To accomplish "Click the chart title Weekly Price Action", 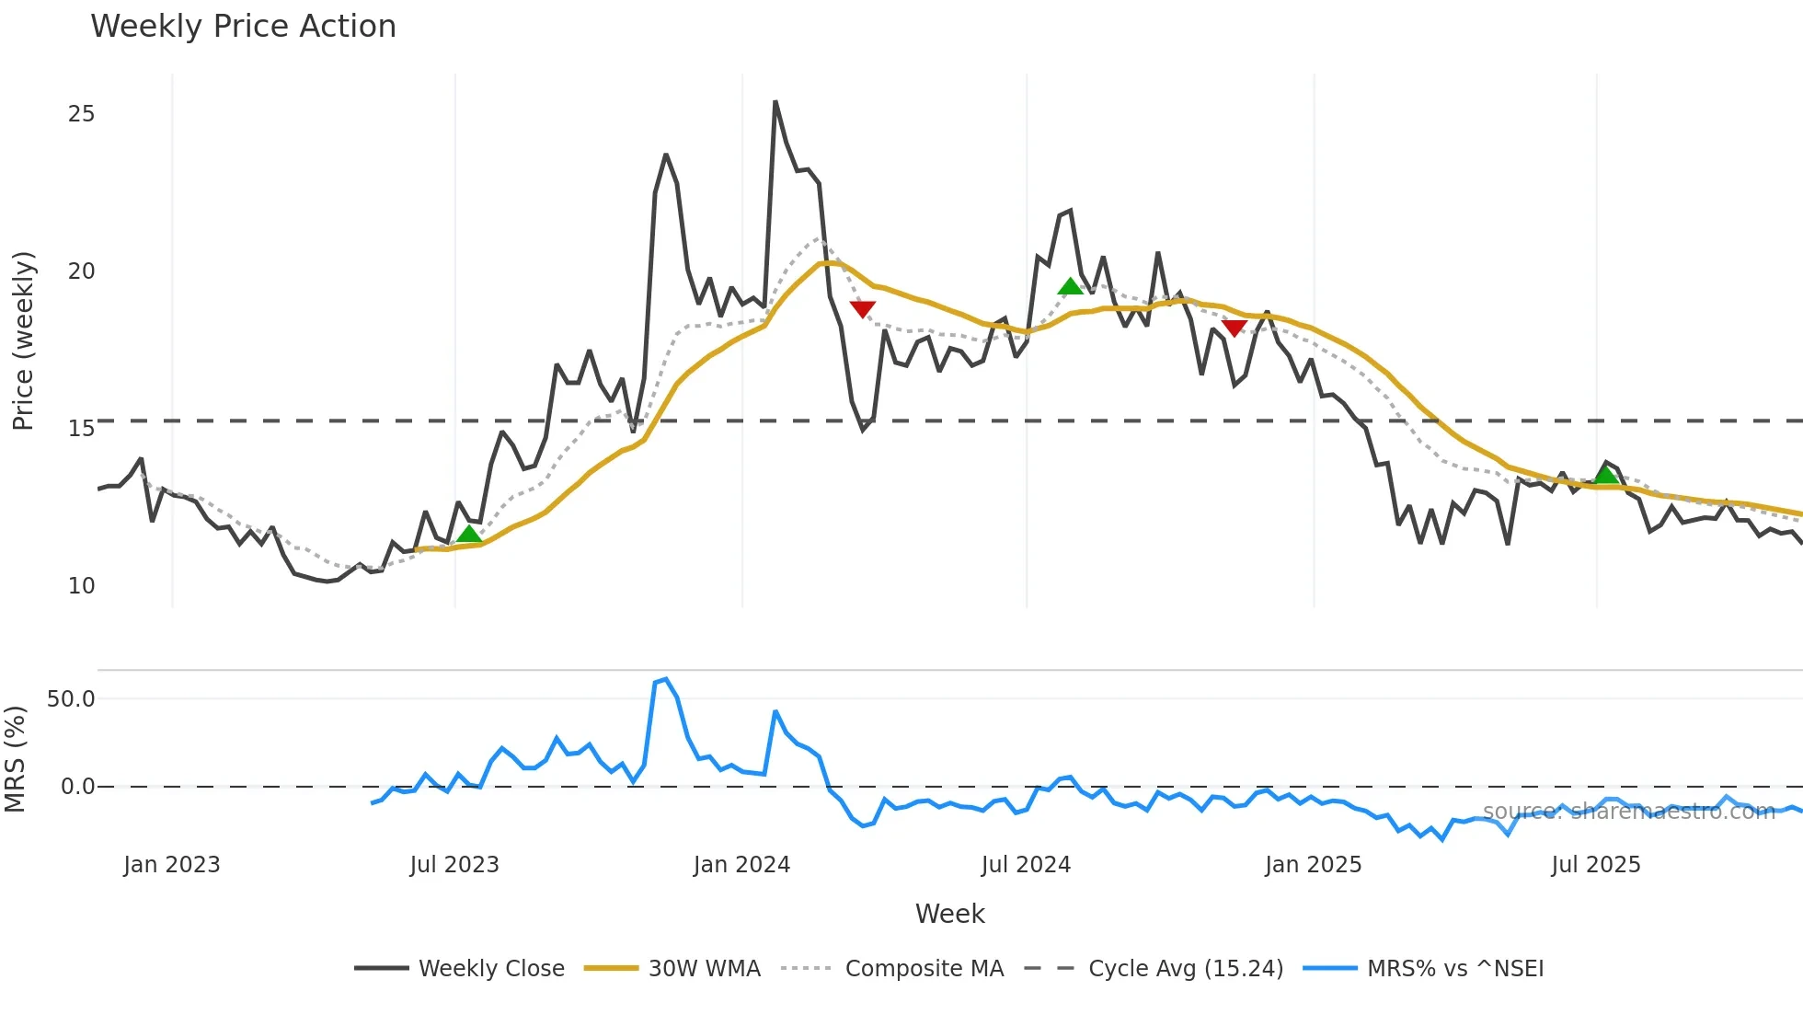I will click(243, 26).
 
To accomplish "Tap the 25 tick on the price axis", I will click(81, 114).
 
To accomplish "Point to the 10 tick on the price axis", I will click(81, 586).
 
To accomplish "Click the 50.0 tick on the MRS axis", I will click(71, 699).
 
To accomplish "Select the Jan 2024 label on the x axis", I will click(741, 865).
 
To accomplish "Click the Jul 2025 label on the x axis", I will click(1595, 865).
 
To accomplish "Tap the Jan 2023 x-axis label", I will click(172, 865).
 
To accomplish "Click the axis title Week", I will click(949, 914).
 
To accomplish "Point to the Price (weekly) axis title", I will click(23, 340).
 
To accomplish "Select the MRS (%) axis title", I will click(15, 759).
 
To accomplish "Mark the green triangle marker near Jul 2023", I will click(469, 535).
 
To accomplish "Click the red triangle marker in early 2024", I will click(862, 309).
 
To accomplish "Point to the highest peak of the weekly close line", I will click(775, 102).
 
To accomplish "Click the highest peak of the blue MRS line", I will click(666, 679).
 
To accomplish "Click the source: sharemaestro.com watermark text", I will click(1628, 812).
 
